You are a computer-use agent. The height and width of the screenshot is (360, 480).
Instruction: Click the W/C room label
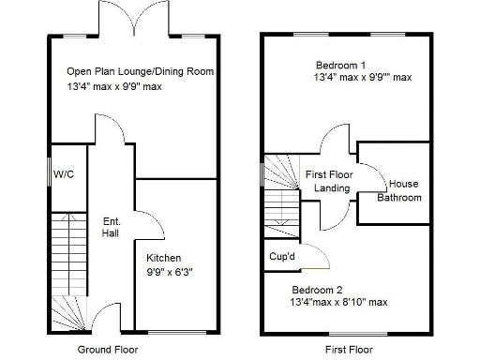pyautogui.click(x=65, y=174)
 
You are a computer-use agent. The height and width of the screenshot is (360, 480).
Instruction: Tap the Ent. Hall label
pyautogui.click(x=111, y=226)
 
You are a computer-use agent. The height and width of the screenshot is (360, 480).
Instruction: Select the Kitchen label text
pyautogui.click(x=164, y=258)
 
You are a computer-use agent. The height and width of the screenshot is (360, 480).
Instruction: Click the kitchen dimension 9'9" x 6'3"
pyautogui.click(x=170, y=273)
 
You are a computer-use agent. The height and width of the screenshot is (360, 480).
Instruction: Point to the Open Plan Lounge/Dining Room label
pyautogui.click(x=140, y=71)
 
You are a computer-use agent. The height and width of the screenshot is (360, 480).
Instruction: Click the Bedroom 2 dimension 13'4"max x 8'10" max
pyautogui.click(x=338, y=302)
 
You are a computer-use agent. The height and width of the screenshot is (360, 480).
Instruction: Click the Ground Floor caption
pyautogui.click(x=108, y=350)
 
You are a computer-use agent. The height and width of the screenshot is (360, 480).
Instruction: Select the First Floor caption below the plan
pyautogui.click(x=345, y=350)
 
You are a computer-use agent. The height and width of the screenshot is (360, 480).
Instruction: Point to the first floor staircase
pyautogui.click(x=279, y=192)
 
